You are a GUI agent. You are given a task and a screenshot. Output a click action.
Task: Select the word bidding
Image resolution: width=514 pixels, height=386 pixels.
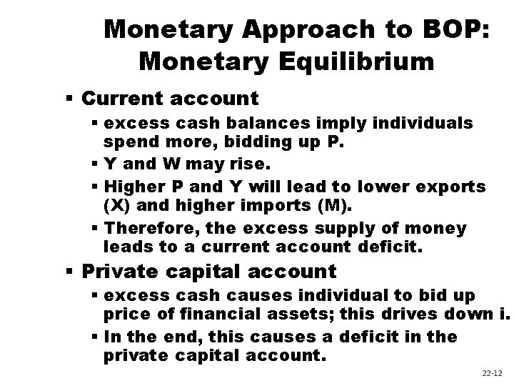coord(243,144)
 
